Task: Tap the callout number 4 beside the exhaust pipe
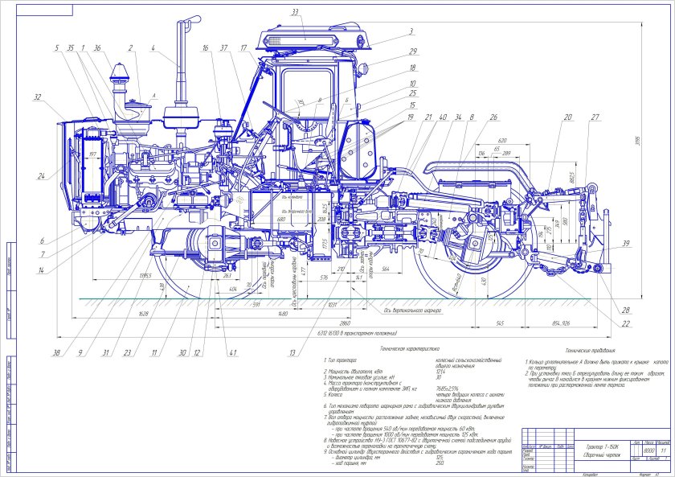pos(151,48)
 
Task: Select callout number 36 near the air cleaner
pos(96,48)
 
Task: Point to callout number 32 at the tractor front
pos(37,97)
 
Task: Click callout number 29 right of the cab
pos(411,51)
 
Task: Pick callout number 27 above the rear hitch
pos(595,117)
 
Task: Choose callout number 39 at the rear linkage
pos(624,244)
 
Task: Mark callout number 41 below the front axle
pos(234,352)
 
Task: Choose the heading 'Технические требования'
pos(590,352)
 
